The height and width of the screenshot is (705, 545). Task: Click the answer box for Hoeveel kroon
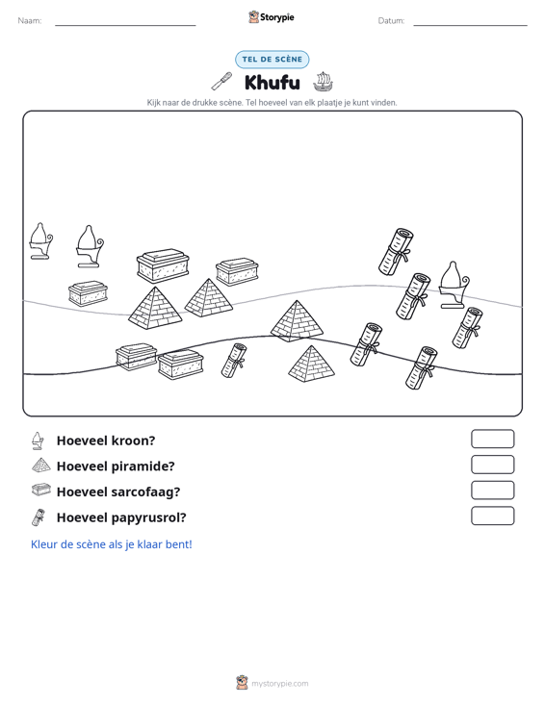tap(492, 439)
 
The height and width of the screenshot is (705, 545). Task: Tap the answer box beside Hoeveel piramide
tap(492, 465)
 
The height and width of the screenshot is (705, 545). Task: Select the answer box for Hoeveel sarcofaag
tap(492, 491)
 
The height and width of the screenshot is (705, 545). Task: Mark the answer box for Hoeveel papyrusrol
tap(492, 516)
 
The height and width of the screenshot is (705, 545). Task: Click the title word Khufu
tap(272, 83)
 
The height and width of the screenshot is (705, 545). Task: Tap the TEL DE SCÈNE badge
tap(272, 60)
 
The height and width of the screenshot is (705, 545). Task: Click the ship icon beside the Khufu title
tap(323, 82)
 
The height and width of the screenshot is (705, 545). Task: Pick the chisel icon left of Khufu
tap(221, 82)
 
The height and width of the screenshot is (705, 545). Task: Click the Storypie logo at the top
tap(271, 17)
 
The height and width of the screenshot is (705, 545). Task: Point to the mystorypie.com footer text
tap(279, 684)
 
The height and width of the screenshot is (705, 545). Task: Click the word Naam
tap(30, 21)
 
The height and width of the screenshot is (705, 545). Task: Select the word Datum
tap(391, 21)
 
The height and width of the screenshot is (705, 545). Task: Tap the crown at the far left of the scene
tap(40, 241)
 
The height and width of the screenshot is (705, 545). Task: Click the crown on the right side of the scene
tap(454, 285)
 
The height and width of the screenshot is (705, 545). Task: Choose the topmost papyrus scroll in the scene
tap(396, 251)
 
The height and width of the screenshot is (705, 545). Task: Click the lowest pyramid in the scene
tap(311, 365)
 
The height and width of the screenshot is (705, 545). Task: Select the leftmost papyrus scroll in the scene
tap(234, 361)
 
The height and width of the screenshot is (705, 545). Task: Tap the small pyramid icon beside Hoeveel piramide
tap(41, 465)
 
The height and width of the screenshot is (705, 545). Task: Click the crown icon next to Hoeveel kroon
tap(39, 441)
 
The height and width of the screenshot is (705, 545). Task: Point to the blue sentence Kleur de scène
tap(111, 544)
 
